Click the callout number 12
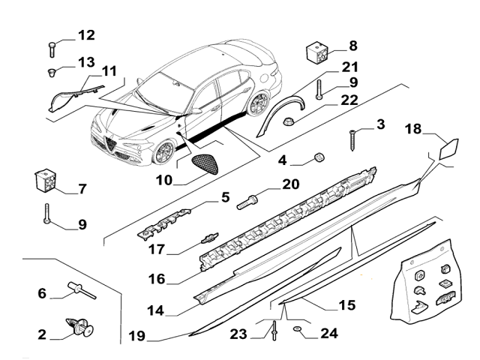[x=86, y=34]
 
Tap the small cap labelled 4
[x=318, y=157]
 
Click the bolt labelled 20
[x=249, y=202]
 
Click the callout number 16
[x=155, y=279]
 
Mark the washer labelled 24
[x=298, y=328]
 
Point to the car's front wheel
[x=162, y=153]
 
